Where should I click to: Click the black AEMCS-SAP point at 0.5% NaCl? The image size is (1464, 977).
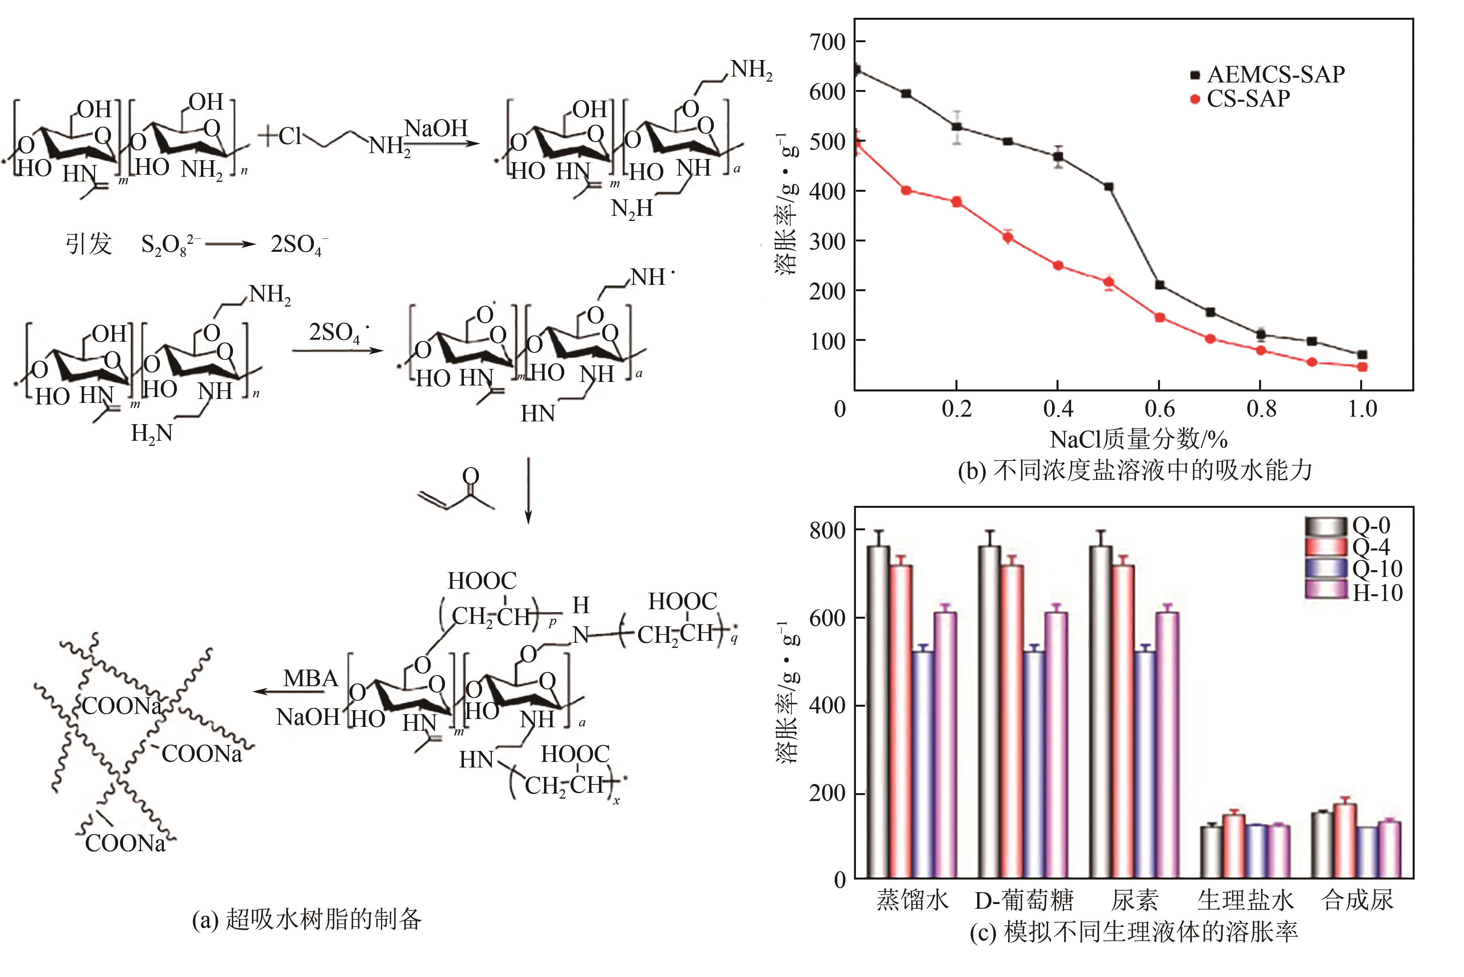pyautogui.click(x=1109, y=187)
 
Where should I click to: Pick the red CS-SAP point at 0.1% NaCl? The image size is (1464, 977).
pyautogui.click(x=906, y=190)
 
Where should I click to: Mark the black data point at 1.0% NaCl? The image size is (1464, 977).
pyautogui.click(x=1363, y=354)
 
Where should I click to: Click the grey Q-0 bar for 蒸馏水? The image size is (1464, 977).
pyautogui.click(x=878, y=710)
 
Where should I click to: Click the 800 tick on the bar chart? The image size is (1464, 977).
pyautogui.click(x=827, y=530)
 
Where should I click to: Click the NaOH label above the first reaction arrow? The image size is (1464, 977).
pyautogui.click(x=436, y=128)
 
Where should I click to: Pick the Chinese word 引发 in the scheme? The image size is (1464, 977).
pyautogui.click(x=88, y=243)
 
